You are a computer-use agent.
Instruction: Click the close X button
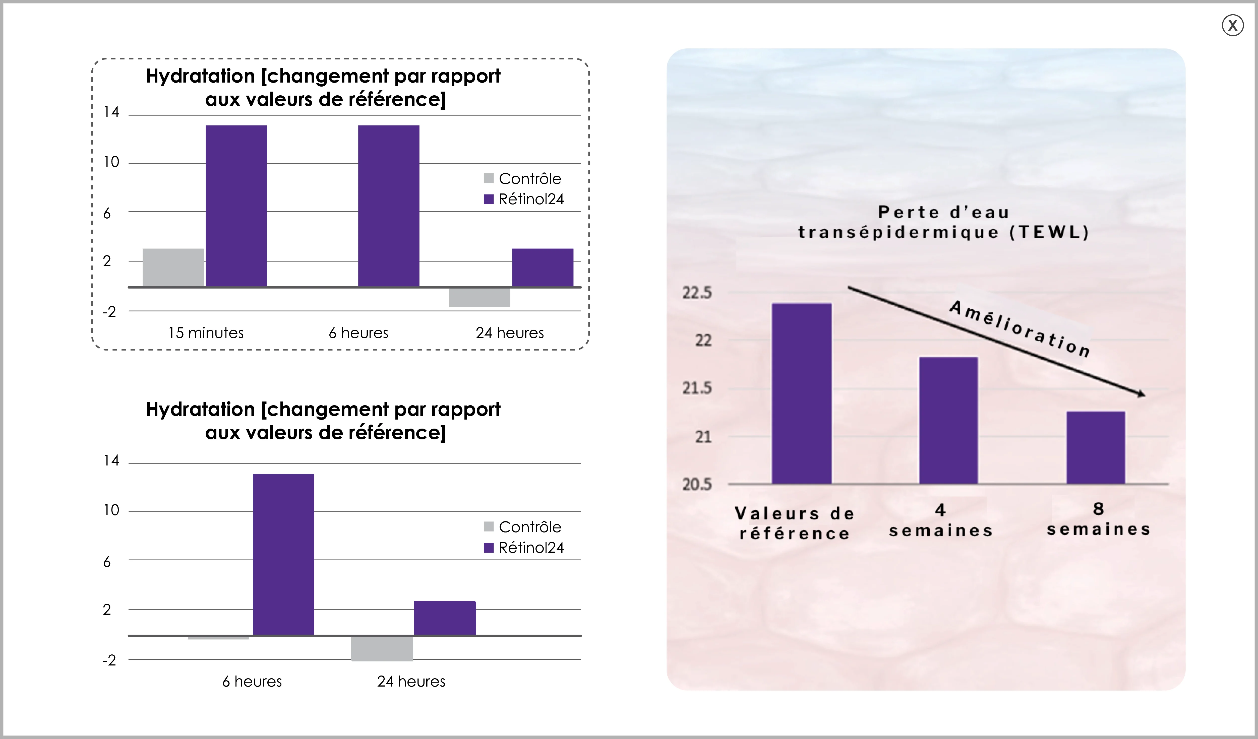click(x=1233, y=25)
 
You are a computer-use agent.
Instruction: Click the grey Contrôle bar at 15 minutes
click(x=173, y=267)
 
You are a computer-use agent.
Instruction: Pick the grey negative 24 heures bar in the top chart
click(x=480, y=297)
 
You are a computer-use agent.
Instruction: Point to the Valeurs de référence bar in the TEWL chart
click(x=802, y=393)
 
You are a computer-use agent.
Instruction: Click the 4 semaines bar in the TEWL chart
click(x=948, y=420)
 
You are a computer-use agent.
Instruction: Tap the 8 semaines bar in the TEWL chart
click(x=1096, y=448)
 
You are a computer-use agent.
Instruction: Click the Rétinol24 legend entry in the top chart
click(x=524, y=199)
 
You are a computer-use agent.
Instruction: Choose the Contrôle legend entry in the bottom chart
click(x=522, y=527)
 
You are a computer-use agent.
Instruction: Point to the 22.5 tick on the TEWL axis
click(x=697, y=293)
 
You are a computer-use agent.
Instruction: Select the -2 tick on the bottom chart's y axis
click(x=109, y=660)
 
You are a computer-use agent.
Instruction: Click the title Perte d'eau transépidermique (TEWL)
click(x=943, y=222)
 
